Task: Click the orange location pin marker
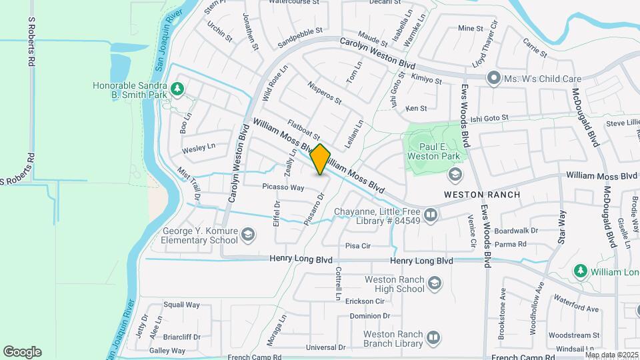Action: click(320, 159)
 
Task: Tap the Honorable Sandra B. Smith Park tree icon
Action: click(177, 88)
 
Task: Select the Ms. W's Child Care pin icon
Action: click(494, 79)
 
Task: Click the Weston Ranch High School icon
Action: click(435, 285)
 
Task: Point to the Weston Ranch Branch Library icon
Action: click(434, 339)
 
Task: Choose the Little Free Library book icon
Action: click(431, 215)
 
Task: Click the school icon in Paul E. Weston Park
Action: click(455, 175)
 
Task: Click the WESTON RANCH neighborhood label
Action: click(482, 194)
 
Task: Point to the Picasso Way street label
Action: click(283, 187)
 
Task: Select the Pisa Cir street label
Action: click(358, 246)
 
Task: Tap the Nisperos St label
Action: click(325, 94)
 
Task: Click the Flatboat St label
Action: click(304, 129)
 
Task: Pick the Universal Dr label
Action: click(325, 347)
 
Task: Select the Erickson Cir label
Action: click(365, 301)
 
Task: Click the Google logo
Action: click(22, 352)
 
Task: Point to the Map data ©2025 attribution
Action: click(611, 355)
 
